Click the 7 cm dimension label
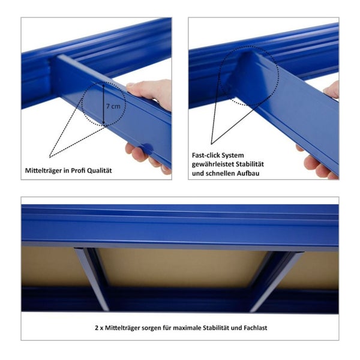[113, 106]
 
